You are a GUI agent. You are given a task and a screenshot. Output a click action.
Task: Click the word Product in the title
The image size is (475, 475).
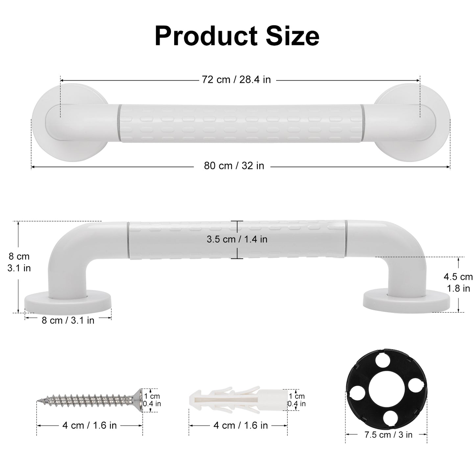coord(206,36)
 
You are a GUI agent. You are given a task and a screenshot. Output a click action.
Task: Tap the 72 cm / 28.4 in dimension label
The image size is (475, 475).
coord(236,80)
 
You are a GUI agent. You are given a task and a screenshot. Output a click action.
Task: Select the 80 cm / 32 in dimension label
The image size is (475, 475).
coord(234,166)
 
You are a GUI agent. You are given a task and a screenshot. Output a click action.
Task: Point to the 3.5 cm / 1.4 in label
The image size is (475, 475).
coord(237,239)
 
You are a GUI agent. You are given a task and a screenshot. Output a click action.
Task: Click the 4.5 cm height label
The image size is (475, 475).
coord(458,277)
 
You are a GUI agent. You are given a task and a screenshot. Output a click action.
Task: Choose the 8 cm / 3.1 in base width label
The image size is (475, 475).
coord(68,320)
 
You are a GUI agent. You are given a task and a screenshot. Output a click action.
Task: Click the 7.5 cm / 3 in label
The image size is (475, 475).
coord(389,435)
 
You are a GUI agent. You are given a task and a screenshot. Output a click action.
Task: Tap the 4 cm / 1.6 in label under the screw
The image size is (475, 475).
coord(89,425)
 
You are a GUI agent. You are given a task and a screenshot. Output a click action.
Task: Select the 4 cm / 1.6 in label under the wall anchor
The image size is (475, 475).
coord(241,425)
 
